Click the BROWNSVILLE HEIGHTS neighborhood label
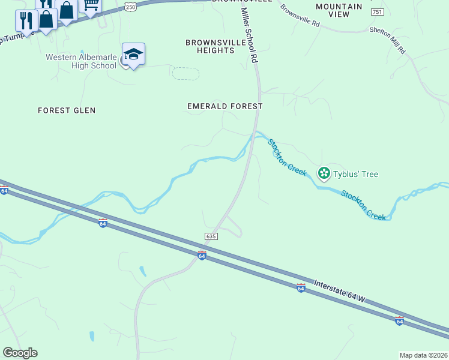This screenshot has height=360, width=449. click(209, 46)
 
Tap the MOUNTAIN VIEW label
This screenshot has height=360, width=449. click(339, 10)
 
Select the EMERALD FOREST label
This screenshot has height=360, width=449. click(224, 106)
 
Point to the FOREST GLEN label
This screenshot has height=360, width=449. click(67, 110)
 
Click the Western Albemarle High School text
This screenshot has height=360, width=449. click(82, 61)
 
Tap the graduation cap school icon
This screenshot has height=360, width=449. click(133, 53)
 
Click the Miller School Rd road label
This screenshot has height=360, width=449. click(249, 36)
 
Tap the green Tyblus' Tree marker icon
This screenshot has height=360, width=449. click(324, 173)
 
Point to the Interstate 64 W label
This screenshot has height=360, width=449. click(339, 292)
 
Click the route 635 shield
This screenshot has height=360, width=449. click(210, 236)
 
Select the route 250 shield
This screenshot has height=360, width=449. click(130, 5)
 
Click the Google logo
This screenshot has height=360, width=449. click(20, 353)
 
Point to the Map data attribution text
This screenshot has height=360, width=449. click(424, 355)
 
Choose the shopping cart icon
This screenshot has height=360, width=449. click(91, 5)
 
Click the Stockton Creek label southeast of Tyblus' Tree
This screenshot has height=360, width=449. click(364, 205)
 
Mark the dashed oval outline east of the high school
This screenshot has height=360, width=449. click(185, 73)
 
